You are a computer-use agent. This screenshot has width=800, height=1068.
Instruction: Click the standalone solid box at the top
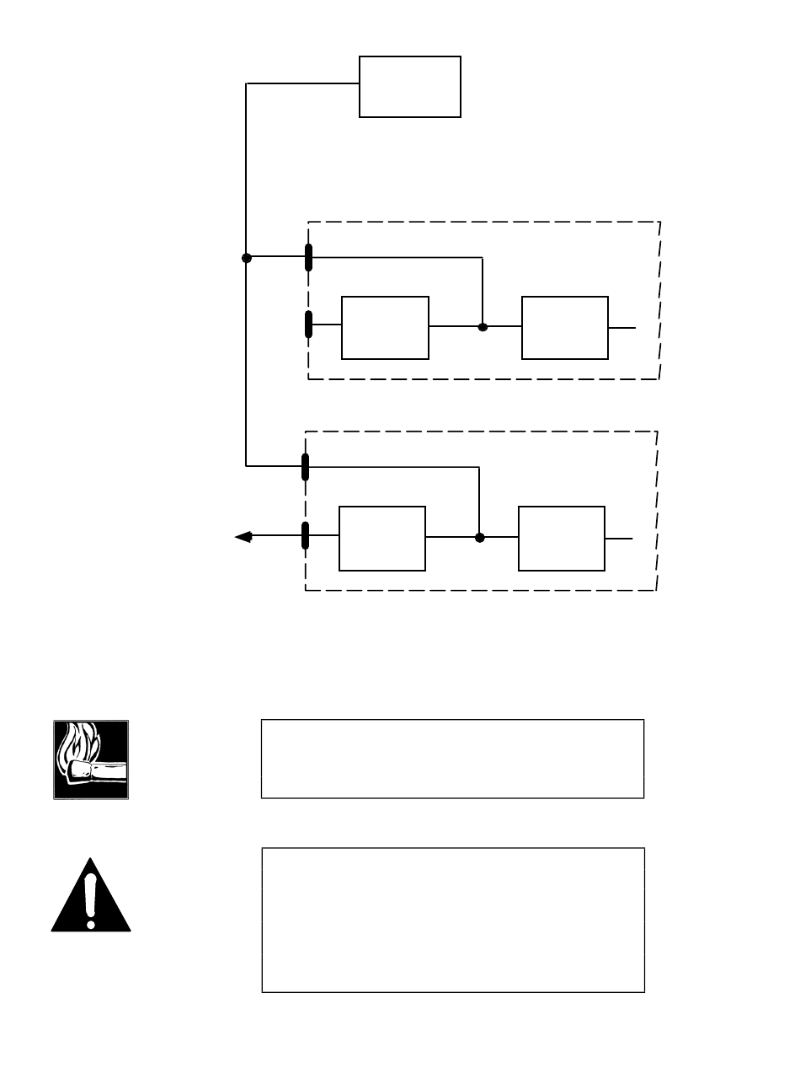point(410,87)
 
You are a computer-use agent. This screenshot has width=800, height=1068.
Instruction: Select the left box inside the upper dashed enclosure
point(385,328)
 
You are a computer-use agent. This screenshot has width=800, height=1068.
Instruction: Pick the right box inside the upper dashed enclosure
point(565,328)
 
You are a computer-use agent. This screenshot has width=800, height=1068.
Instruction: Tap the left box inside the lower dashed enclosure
point(381,539)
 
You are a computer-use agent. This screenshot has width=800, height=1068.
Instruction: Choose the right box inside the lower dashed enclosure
point(562,539)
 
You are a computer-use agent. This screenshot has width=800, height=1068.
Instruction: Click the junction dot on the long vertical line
point(247,258)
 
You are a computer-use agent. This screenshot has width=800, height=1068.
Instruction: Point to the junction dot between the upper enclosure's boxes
point(483,326)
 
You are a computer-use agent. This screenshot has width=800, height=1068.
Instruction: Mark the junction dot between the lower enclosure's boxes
point(479,537)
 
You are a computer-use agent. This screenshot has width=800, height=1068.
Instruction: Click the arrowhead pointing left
point(243,536)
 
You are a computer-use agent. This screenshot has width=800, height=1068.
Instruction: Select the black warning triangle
point(91,899)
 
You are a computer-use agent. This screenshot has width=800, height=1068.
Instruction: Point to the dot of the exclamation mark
point(91,923)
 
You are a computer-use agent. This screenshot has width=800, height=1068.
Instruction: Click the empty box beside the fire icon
point(452,759)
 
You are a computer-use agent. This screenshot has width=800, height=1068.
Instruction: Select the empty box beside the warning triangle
point(453,920)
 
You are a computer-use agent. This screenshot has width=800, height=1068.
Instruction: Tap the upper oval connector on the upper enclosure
point(309,257)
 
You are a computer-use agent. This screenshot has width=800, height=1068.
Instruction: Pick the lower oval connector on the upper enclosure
point(309,325)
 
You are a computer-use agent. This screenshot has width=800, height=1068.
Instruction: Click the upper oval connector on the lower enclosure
point(306,466)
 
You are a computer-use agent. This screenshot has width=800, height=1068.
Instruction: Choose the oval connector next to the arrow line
point(306,535)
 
